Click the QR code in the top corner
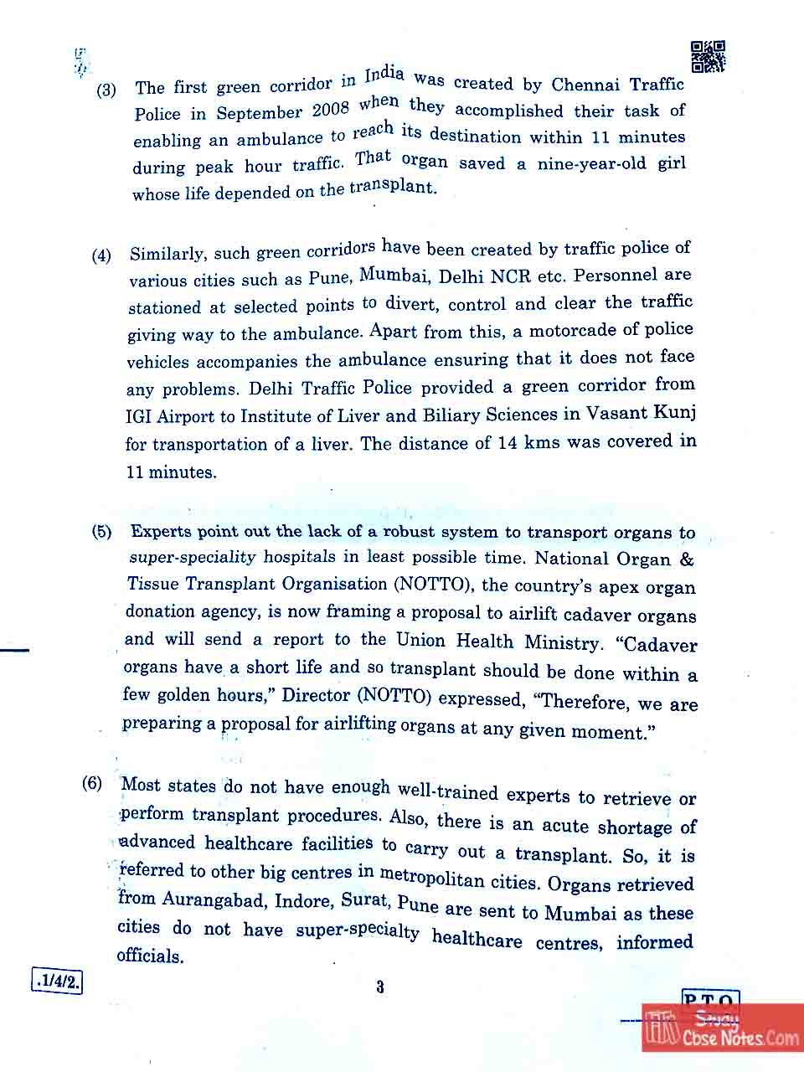(708, 57)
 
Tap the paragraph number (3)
(106, 90)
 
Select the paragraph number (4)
(101, 255)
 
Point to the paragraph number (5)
(101, 532)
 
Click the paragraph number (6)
(92, 783)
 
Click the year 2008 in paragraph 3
(331, 109)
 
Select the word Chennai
(585, 84)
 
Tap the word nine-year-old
(591, 162)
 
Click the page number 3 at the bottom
(380, 987)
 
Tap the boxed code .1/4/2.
(57, 981)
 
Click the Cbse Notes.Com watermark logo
(722, 1028)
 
